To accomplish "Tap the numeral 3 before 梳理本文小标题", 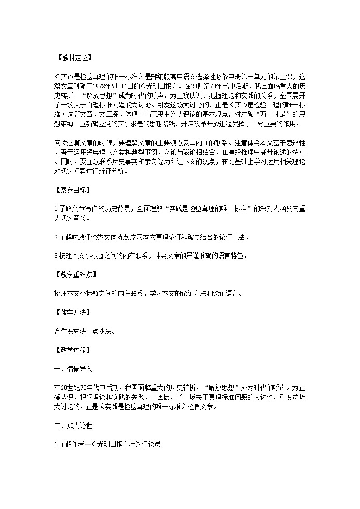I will click(x=55, y=256).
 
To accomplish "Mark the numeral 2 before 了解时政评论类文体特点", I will click(x=55, y=237).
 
